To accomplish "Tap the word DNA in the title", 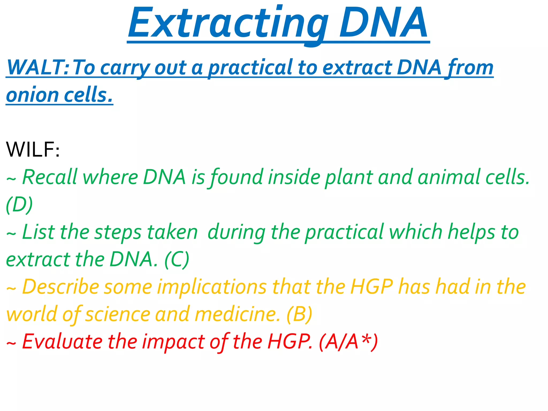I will [x=383, y=24].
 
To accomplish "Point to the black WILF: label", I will [x=33, y=150].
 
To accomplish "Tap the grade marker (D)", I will [x=19, y=205].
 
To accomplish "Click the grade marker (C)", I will [x=177, y=259].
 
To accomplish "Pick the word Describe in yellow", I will [x=60, y=287].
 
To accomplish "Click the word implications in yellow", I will [x=212, y=287].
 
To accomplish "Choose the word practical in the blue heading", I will [x=250, y=68].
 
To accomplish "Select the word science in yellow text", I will [x=118, y=315].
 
